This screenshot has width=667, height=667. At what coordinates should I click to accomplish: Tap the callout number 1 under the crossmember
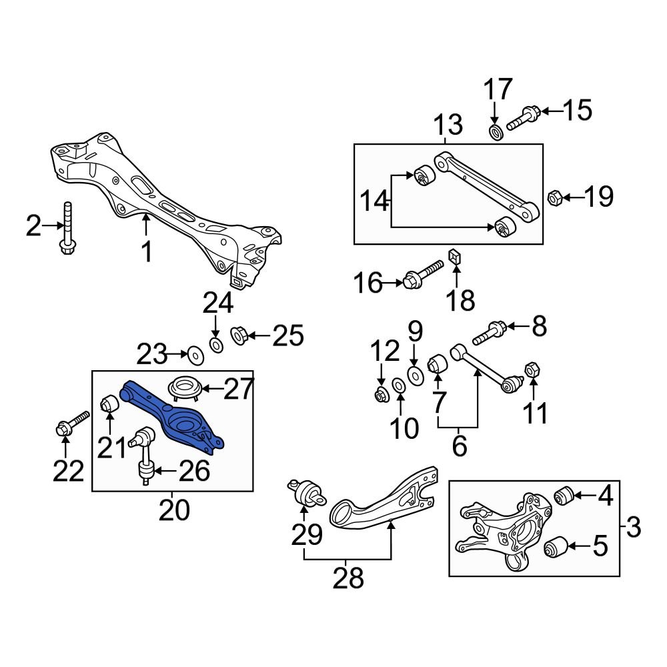[146, 252]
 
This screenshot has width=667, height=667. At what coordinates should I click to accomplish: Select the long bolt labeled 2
[68, 230]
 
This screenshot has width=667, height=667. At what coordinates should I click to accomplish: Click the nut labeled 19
[553, 197]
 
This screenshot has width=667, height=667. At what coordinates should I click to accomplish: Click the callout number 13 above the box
[448, 125]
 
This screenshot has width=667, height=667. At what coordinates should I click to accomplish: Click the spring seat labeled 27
[184, 388]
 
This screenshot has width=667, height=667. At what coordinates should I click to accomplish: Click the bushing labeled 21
[109, 404]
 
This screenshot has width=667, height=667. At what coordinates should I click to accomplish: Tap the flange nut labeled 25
[240, 335]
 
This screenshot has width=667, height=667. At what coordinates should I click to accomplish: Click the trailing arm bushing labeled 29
[305, 494]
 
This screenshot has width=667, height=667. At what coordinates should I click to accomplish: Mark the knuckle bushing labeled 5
[556, 548]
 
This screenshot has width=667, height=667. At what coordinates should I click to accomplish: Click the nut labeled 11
[533, 369]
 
